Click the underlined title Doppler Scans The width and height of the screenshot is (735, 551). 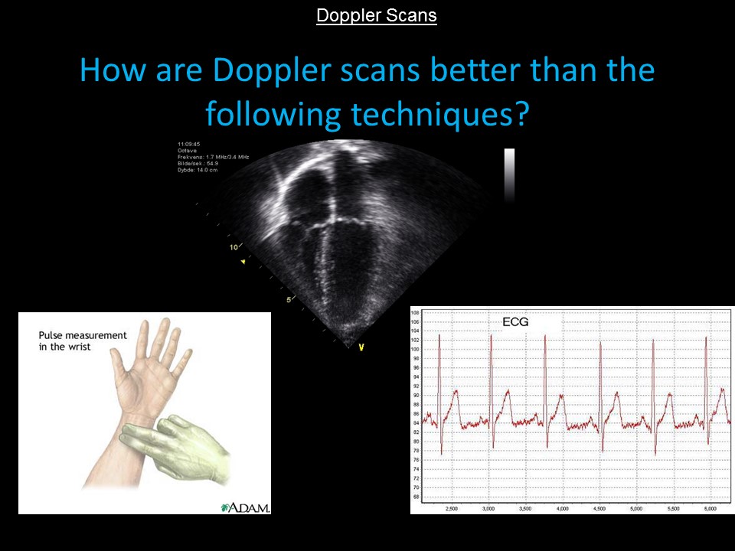376,15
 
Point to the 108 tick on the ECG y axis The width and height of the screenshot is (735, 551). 416,313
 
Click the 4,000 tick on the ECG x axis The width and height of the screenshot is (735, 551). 563,507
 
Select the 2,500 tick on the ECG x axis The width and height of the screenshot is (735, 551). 451,507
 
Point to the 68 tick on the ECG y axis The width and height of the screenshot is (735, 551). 416,497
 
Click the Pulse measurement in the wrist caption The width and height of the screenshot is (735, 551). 72,341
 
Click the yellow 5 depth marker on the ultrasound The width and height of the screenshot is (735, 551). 289,299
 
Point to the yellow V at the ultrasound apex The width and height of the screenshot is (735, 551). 361,347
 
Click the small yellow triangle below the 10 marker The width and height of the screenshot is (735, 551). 244,262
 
